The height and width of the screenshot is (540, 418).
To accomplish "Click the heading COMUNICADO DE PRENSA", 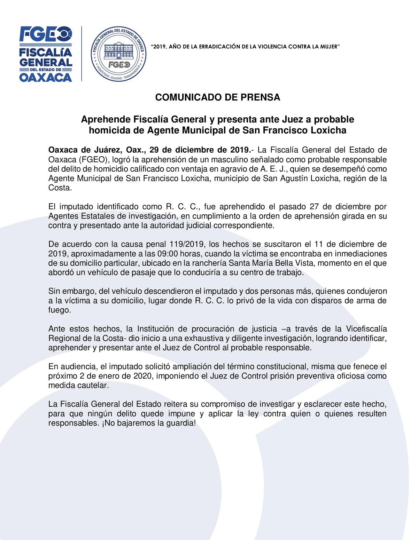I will pyautogui.click(x=217, y=97).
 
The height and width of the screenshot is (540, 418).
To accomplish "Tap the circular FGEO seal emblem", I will pyautogui.click(x=118, y=54).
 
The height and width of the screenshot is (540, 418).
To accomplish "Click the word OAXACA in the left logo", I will pyautogui.click(x=46, y=77).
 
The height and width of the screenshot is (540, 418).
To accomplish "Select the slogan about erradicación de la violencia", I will pyautogui.click(x=245, y=47).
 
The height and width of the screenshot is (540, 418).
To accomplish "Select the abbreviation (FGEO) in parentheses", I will pyautogui.click(x=93, y=160).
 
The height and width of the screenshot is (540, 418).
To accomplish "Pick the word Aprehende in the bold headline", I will pyautogui.click(x=106, y=119).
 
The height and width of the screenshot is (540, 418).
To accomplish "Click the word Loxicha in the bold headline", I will pyautogui.click(x=329, y=130).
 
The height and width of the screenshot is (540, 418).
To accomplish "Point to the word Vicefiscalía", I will pyautogui.click(x=366, y=329).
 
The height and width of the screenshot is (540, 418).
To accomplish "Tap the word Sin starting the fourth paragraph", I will pyautogui.click(x=54, y=291).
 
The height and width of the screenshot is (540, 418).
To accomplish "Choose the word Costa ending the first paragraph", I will pyautogui.click(x=59, y=188).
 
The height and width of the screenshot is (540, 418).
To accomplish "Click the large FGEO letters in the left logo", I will pyautogui.click(x=46, y=34).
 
